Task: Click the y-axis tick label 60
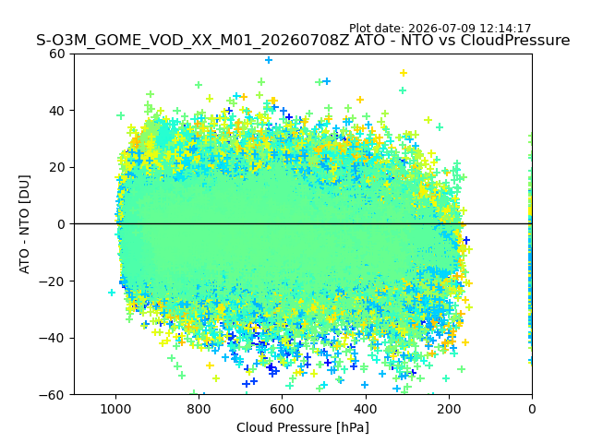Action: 56,54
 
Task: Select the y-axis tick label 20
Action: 56,168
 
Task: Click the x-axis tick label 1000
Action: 115,409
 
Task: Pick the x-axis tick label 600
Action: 283,409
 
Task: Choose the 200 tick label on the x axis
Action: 449,409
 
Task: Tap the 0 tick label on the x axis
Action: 532,409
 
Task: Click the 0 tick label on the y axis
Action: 61,224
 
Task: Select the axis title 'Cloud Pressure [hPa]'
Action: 303,427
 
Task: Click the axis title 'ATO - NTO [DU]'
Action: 25,224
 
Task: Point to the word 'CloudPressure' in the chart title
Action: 515,40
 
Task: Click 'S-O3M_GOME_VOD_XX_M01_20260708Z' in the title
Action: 193,40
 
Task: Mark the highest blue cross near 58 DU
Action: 269,60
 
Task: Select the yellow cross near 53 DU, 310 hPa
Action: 404,73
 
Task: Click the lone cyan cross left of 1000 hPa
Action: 112,292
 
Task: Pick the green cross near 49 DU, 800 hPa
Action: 199,85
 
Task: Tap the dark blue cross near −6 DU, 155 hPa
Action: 466,240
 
